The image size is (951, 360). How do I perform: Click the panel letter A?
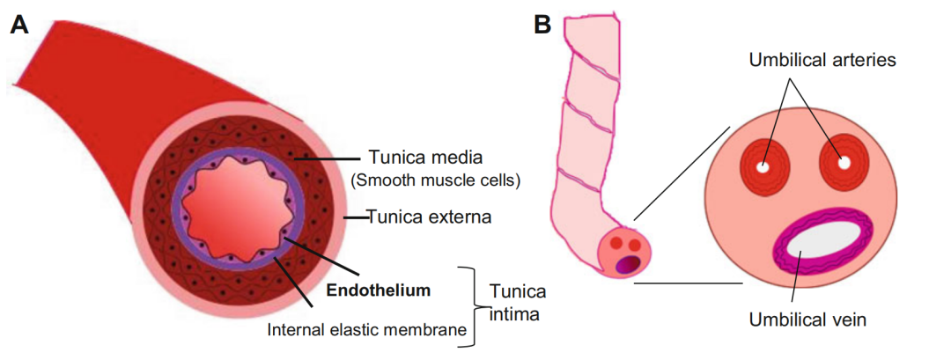(x=20, y=25)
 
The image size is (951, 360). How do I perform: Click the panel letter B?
(x=543, y=25)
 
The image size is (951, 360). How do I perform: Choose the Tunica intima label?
(x=518, y=303)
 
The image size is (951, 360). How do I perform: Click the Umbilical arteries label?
(x=822, y=60)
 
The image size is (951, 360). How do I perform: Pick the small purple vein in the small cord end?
(x=626, y=262)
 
